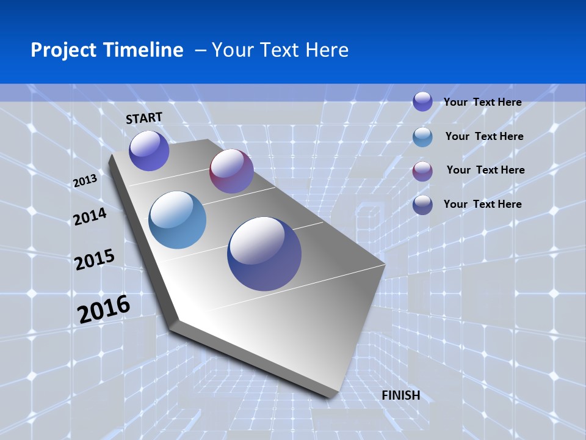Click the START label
(144, 118)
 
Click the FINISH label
(400, 395)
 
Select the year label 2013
(85, 181)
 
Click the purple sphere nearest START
(149, 150)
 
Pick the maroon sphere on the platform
(231, 171)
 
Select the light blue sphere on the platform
(178, 220)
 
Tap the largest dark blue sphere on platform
(264, 254)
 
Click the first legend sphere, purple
(422, 101)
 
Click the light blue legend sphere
(422, 137)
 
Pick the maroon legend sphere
(422, 171)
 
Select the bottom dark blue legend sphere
(422, 205)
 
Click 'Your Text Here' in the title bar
(280, 50)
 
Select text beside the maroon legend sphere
(485, 170)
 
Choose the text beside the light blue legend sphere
(484, 136)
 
